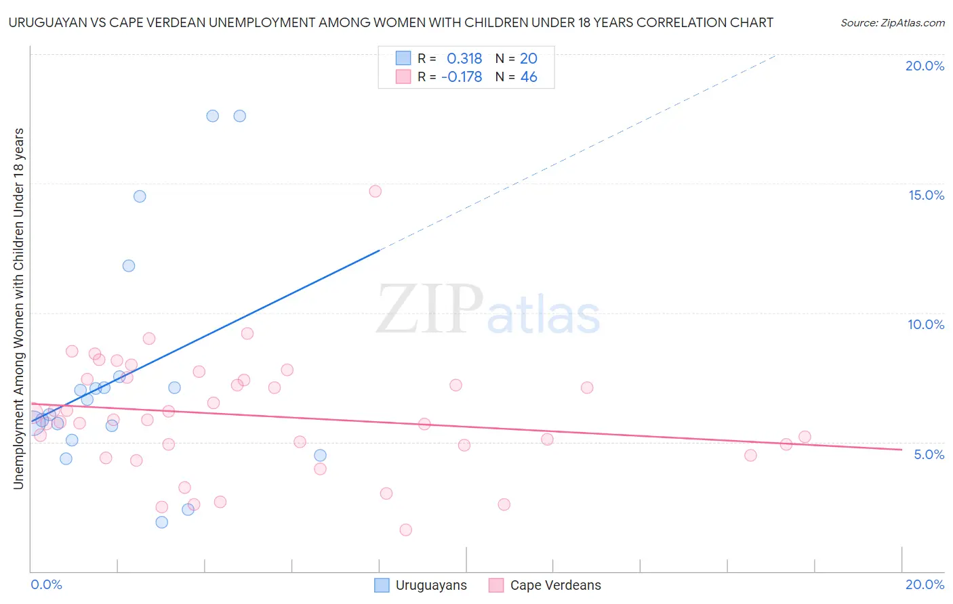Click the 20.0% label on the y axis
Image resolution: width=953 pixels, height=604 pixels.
point(925,66)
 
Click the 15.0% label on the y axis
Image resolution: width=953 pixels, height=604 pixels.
point(926,195)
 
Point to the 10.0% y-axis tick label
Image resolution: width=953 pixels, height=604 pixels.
point(926,324)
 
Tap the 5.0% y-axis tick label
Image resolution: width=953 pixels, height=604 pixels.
point(929,454)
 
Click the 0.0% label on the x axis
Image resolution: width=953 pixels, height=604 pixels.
point(46,584)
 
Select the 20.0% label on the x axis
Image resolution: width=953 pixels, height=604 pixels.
point(925,584)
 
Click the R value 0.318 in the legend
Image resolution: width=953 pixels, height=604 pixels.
point(464,58)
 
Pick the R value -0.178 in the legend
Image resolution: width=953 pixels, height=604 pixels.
point(462,77)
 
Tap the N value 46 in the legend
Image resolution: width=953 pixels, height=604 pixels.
point(529,77)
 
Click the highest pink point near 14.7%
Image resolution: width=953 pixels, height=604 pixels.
point(376,191)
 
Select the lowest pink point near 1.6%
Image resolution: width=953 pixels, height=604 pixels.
point(405,530)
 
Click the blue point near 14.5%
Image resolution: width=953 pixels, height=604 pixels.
point(140,196)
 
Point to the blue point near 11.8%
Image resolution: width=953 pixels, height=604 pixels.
point(129,265)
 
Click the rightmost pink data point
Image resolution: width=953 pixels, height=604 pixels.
point(805,437)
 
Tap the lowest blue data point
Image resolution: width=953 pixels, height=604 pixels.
point(161,522)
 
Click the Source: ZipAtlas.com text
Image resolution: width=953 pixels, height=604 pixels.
point(892,23)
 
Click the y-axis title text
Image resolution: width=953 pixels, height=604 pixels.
point(18,308)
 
